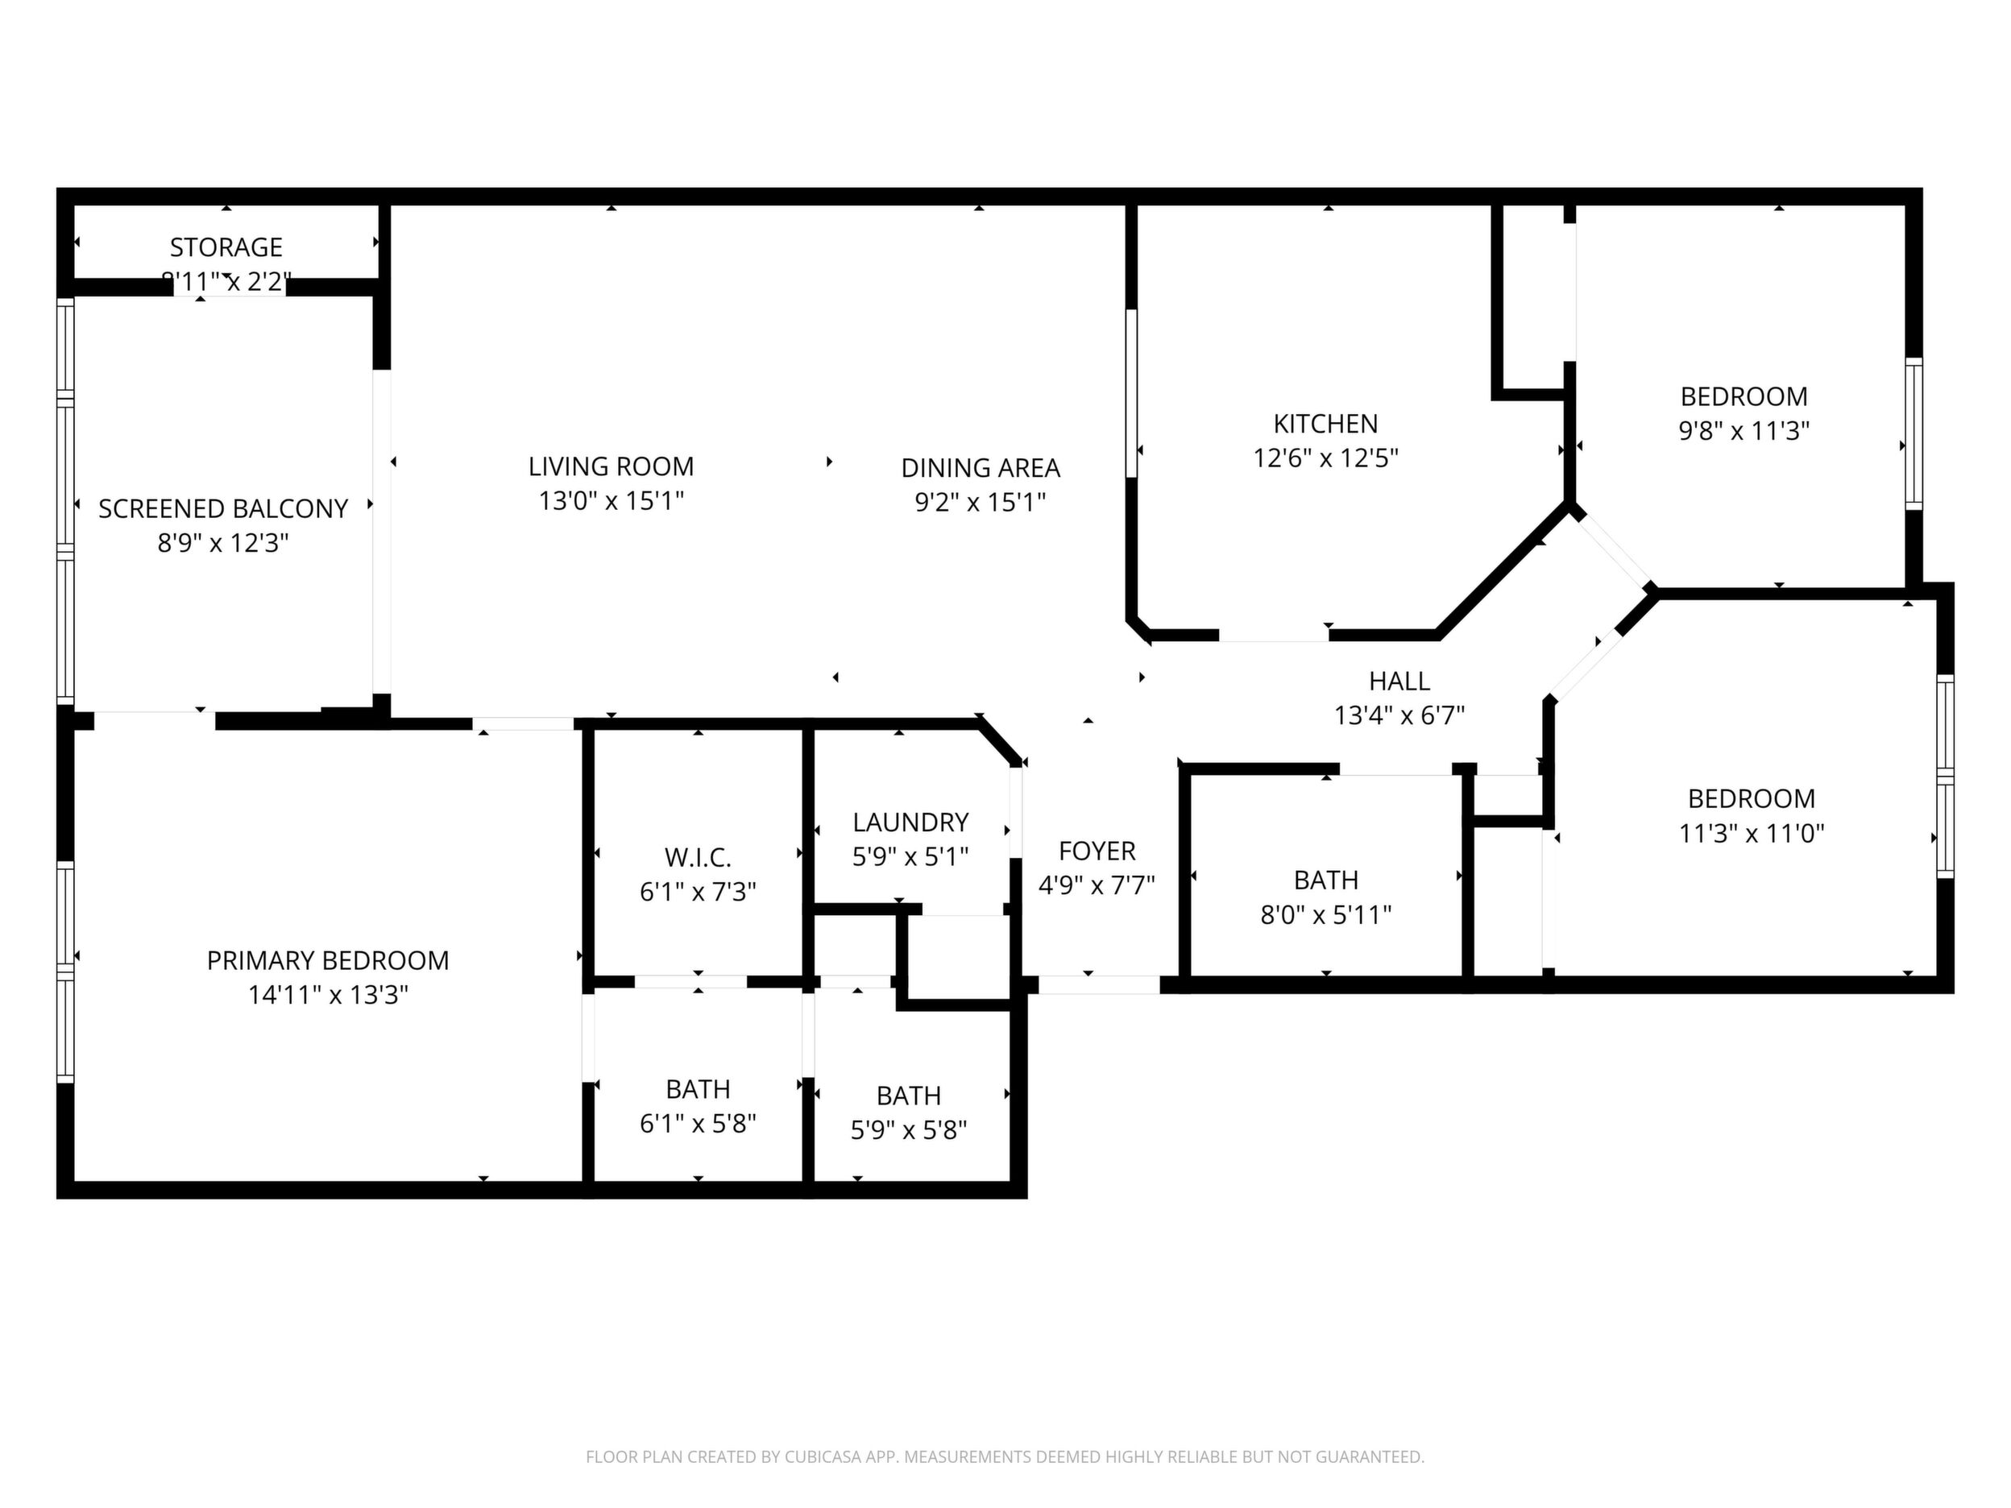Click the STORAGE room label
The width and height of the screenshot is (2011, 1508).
226,247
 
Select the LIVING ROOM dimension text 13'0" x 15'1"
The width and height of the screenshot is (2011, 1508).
611,501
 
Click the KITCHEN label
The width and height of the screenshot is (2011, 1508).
1325,424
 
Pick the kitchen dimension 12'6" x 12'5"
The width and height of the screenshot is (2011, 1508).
1325,458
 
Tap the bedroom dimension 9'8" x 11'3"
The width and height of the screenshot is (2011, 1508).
1744,431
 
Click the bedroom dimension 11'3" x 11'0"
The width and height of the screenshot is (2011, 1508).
1751,834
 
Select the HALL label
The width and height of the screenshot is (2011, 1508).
1399,681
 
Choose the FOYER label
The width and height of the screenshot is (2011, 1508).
1097,851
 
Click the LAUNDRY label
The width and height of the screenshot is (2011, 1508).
910,822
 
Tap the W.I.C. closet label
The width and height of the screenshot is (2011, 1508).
697,858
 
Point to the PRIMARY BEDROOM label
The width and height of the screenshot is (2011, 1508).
327,961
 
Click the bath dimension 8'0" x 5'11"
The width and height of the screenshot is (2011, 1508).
1325,915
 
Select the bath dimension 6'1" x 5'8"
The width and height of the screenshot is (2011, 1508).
697,1125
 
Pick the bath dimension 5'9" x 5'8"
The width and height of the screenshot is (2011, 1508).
908,1131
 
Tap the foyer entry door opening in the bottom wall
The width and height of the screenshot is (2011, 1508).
1099,984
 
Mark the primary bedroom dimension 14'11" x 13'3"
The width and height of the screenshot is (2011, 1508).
327,996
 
